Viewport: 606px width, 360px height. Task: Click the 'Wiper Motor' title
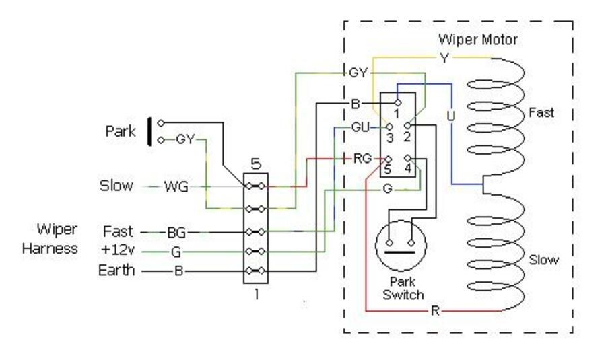coord(477,40)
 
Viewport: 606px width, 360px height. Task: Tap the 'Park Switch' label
coord(403,288)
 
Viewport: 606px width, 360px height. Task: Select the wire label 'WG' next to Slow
coord(176,187)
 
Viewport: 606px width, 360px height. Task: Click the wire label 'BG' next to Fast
coord(176,233)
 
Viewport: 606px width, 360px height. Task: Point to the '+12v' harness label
coord(117,250)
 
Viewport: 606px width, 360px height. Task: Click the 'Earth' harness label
coord(116,270)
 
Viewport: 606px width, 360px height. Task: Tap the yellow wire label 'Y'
coord(444,59)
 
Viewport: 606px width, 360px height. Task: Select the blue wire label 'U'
coord(450,116)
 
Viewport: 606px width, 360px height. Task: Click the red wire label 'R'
coord(435,310)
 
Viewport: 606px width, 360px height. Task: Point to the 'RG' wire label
coord(362,158)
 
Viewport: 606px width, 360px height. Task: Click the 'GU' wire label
coord(360,127)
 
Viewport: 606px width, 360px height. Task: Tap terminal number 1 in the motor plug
coord(397,114)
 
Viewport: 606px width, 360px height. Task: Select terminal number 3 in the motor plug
coord(390,137)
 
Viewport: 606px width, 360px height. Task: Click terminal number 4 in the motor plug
coord(408,168)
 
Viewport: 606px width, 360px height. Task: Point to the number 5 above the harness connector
coord(256,164)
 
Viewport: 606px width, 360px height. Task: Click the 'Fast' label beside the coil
coord(541,112)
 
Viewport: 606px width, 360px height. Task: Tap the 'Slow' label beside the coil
coord(543,260)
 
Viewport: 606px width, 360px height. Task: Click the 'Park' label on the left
coord(121,131)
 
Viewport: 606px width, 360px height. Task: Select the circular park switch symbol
coord(401,246)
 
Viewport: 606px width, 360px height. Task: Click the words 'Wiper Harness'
coord(50,238)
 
